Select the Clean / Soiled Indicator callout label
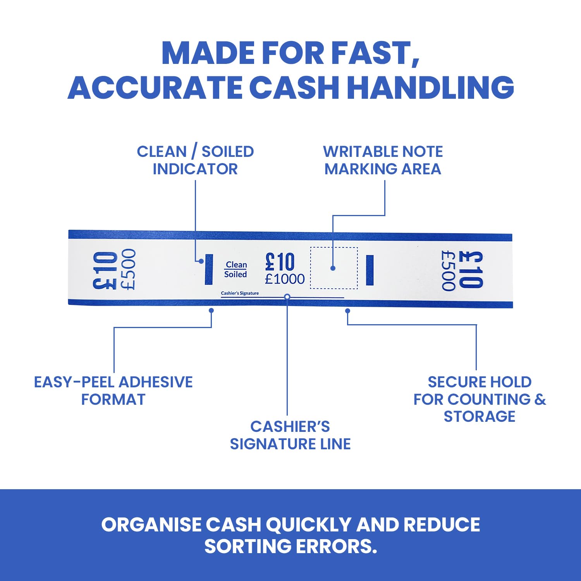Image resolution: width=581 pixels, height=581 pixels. tap(195, 160)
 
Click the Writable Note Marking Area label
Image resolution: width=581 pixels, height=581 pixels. tap(383, 160)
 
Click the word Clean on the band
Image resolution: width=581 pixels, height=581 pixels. tap(236, 265)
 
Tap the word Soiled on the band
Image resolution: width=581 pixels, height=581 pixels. tap(235, 274)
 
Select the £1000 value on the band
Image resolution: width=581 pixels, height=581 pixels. tap(285, 279)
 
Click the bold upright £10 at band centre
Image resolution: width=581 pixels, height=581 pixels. tap(280, 262)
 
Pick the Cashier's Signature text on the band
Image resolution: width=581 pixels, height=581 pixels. tap(240, 293)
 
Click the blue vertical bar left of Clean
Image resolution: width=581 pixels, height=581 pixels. tap(209, 269)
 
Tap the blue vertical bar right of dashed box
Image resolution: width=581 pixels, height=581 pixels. tap(370, 270)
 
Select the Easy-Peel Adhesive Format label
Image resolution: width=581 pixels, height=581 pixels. tap(113, 390)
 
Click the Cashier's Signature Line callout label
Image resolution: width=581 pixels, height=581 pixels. tap(290, 435)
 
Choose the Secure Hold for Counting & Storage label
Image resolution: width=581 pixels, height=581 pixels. tap(480, 399)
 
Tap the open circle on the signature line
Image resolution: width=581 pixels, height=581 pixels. tap(287, 297)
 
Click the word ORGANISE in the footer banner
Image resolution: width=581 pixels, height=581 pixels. tap(151, 525)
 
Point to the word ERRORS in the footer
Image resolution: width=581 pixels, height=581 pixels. tap(336, 547)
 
